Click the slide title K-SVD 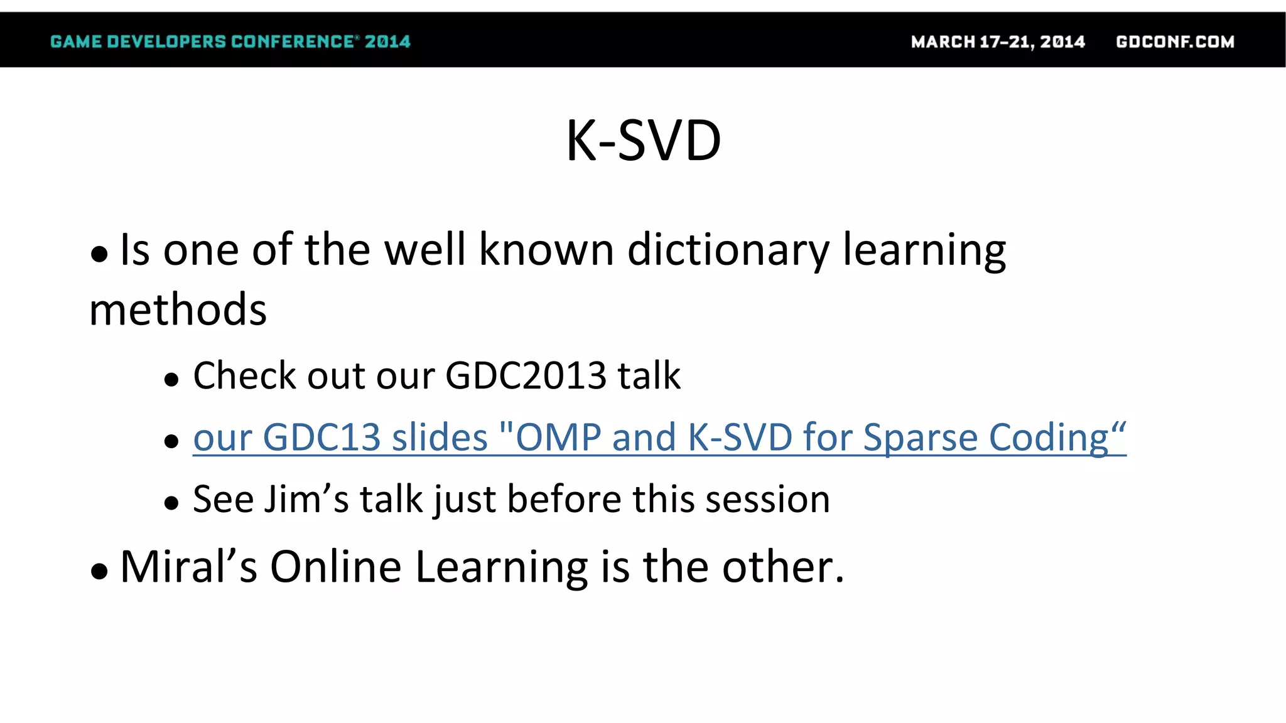tap(643, 141)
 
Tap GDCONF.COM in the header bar tap(1175, 41)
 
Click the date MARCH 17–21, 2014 tap(998, 41)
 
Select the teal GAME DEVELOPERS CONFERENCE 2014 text tap(230, 41)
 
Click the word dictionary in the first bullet tap(728, 250)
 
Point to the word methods tap(178, 310)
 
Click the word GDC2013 tap(526, 376)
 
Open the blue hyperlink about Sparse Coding tap(659, 437)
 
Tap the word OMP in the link tap(558, 437)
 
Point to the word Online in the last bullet tap(335, 567)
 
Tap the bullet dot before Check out tap(171, 380)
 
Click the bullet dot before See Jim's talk tap(171, 503)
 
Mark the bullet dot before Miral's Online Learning tap(99, 572)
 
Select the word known tap(546, 250)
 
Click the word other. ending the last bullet tap(783, 567)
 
